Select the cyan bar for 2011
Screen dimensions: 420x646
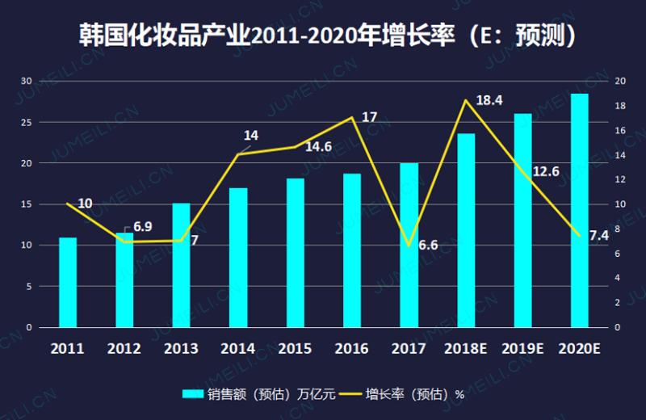point(68,283)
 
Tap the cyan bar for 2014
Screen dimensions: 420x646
point(238,258)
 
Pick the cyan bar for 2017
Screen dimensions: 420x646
point(409,246)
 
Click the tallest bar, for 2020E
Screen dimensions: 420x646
point(580,211)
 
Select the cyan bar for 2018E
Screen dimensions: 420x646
point(466,231)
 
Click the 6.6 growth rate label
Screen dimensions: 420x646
point(428,245)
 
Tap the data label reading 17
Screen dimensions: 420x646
point(369,117)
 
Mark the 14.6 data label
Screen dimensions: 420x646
point(318,147)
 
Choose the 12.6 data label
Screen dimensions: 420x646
point(546,171)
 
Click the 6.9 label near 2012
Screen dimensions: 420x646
point(142,227)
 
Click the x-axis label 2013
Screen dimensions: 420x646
point(181,349)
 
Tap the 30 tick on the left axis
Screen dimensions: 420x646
point(27,82)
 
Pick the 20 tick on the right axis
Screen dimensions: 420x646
point(620,82)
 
